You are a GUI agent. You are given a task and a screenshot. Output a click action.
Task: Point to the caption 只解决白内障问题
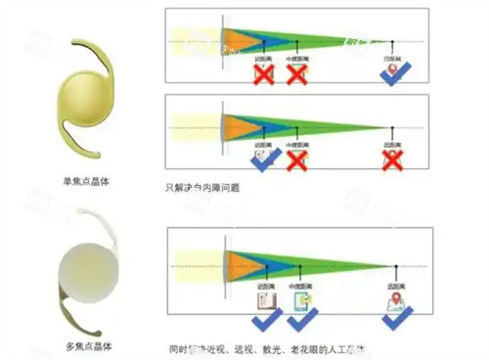(x=203, y=186)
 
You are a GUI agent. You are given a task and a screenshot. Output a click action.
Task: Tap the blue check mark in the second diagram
(x=262, y=157)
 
